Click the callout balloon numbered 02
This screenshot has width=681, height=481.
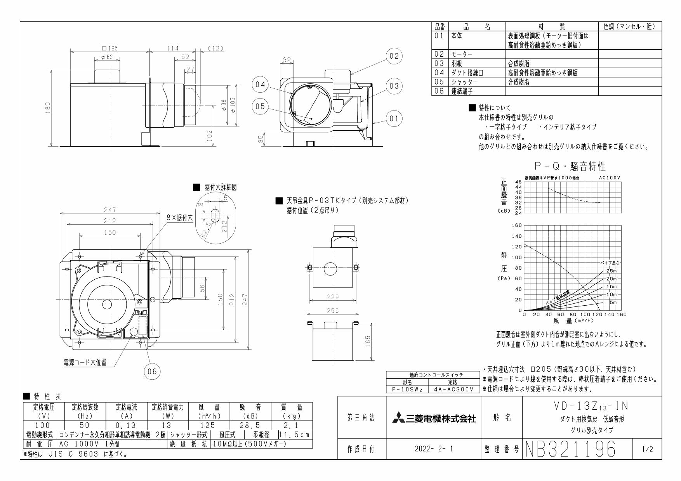click(394, 56)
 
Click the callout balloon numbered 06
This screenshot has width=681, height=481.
click(152, 372)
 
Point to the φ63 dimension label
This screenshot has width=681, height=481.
click(107, 57)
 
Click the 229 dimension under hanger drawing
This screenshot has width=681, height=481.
click(333, 297)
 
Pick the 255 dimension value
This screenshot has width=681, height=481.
click(333, 311)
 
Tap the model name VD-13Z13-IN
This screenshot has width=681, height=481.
click(591, 406)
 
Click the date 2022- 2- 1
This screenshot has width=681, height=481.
click(434, 449)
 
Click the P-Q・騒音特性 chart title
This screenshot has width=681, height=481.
click(570, 166)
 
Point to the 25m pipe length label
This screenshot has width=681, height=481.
click(611, 271)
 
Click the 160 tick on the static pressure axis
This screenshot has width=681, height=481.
click(517, 225)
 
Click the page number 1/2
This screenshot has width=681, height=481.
click(647, 449)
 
